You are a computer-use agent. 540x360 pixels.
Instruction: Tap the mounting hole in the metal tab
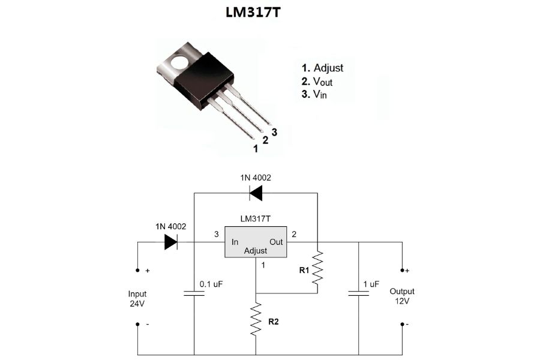pyautogui.click(x=179, y=61)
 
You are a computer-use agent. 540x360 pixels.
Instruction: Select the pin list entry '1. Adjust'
pyautogui.click(x=323, y=68)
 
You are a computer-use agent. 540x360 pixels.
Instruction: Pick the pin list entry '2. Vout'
pyautogui.click(x=317, y=81)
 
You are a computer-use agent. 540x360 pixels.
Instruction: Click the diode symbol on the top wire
pyautogui.click(x=256, y=193)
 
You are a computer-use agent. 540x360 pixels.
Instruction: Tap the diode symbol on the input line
pyautogui.click(x=170, y=242)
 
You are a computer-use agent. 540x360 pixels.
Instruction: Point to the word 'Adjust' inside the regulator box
pyautogui.click(x=256, y=251)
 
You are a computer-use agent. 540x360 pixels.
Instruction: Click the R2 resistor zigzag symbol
pyautogui.click(x=256, y=319)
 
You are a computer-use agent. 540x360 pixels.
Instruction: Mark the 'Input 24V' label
pyautogui.click(x=137, y=299)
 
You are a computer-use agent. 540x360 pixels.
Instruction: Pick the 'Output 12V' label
pyautogui.click(x=402, y=296)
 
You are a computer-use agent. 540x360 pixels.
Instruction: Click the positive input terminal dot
pyautogui.click(x=137, y=271)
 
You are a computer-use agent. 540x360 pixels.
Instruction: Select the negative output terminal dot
pyautogui.click(x=401, y=325)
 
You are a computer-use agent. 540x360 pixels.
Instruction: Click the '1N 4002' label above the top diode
pyautogui.click(x=256, y=178)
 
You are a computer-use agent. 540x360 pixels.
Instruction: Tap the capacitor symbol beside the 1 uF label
pyautogui.click(x=359, y=293)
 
